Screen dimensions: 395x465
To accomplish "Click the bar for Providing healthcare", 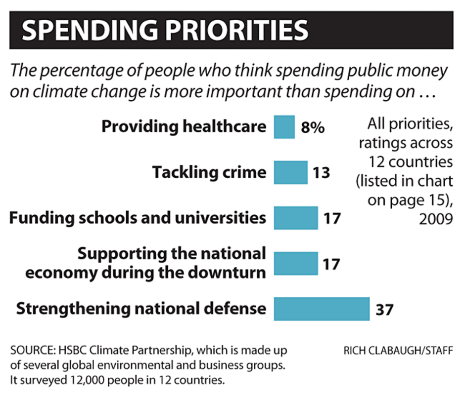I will [x=284, y=127].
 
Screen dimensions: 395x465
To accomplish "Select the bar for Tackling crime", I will [x=290, y=172].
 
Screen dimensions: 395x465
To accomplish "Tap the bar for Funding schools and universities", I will [x=296, y=218].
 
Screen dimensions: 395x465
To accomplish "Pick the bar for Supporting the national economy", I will [x=296, y=263].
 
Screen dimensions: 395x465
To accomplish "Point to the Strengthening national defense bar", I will [x=322, y=309].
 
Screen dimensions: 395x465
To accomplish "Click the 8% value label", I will [x=313, y=128].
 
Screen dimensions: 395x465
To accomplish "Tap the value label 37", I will [x=383, y=310].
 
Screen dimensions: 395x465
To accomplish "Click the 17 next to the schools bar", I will [x=331, y=218].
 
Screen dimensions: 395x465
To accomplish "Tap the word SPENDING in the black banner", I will [x=78, y=31].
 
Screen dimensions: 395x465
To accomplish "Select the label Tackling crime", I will [x=209, y=172].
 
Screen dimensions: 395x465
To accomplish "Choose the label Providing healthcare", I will [x=184, y=127].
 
